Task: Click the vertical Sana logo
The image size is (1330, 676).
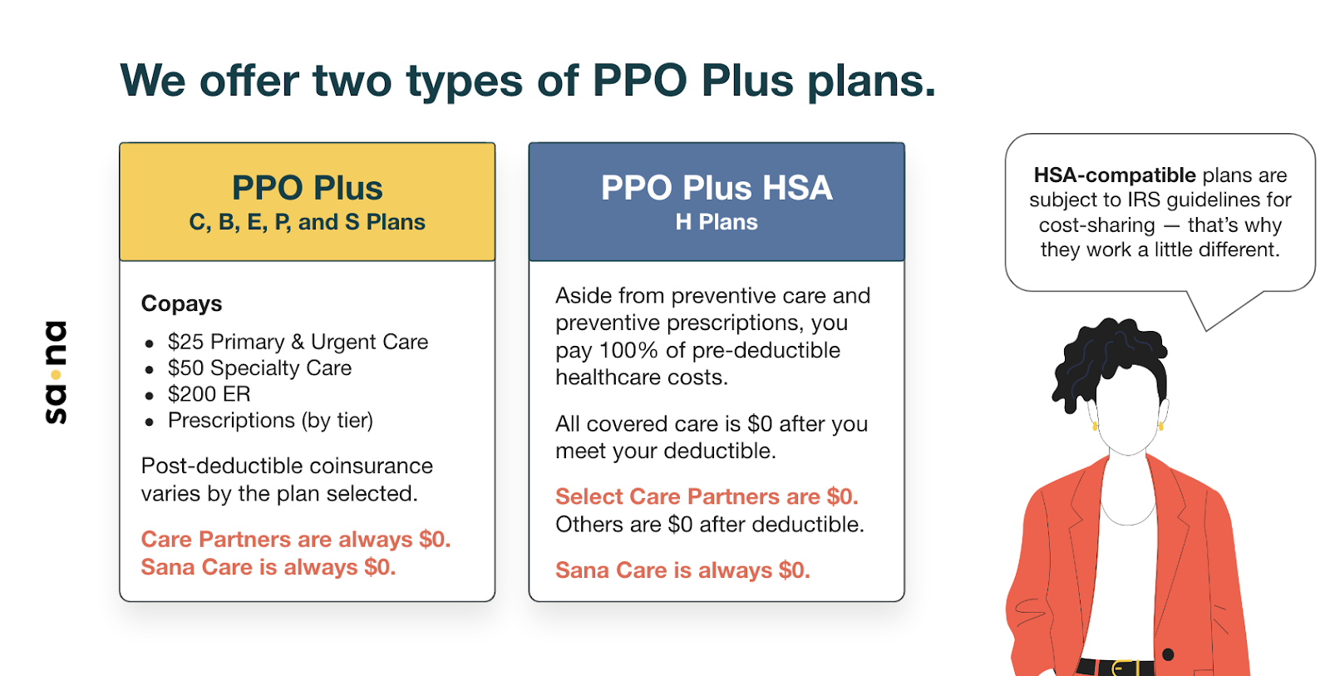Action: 56,372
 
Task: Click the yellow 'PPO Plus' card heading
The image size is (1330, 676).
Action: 307,188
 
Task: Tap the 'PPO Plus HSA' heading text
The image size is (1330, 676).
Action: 717,188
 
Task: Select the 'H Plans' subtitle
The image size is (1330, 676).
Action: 717,223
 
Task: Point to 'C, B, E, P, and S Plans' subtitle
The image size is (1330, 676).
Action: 307,223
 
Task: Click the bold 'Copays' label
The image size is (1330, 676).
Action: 181,303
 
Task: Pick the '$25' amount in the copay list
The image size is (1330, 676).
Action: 185,342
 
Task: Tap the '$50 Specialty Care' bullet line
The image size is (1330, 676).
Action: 259,368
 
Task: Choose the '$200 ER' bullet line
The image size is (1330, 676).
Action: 209,394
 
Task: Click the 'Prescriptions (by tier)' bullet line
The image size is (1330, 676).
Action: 270,421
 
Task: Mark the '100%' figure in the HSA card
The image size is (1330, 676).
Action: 629,351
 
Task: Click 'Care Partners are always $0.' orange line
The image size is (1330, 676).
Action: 295,540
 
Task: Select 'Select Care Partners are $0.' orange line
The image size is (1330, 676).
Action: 706,497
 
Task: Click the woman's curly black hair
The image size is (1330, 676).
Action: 1106,358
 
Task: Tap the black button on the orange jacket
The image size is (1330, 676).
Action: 1168,654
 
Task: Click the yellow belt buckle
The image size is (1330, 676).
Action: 1125,668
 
